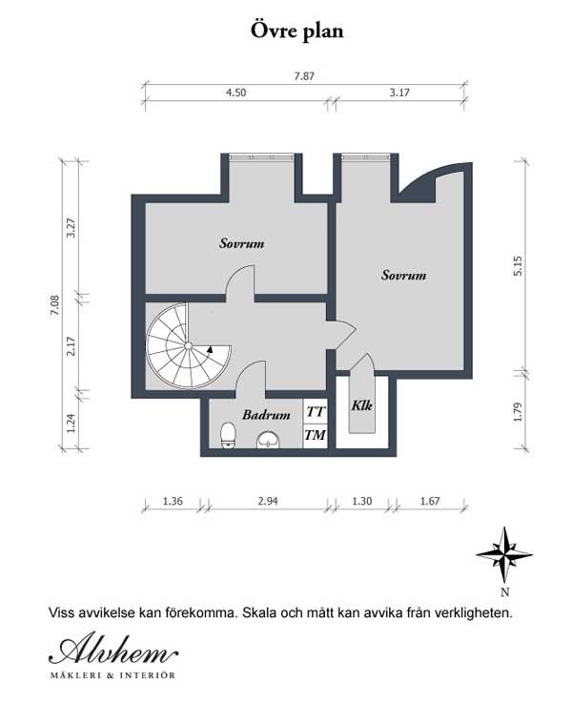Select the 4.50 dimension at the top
(x=235, y=93)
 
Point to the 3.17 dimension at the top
(x=398, y=93)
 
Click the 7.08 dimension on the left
(x=55, y=303)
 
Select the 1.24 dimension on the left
(x=71, y=421)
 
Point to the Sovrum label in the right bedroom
(x=403, y=275)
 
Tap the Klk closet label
(x=362, y=405)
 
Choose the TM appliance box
(x=315, y=436)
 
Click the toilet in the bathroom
(x=227, y=436)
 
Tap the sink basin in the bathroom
(x=269, y=440)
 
